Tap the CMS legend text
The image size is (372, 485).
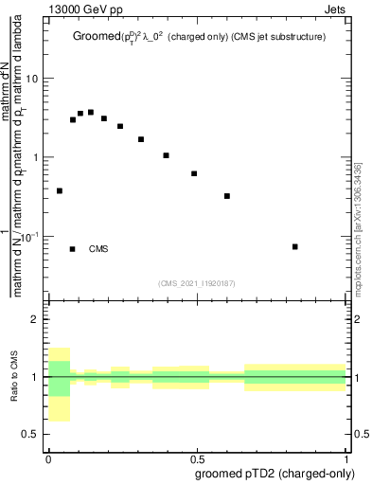pos(98,249)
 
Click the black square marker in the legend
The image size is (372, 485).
pos(73,249)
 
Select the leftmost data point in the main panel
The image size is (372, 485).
pos(60,190)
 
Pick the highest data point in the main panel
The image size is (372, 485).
pos(91,112)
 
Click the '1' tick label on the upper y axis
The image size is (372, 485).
pos(38,157)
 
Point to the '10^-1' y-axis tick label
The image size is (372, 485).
pos(32,236)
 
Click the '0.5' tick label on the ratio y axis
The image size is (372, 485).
pos(33,434)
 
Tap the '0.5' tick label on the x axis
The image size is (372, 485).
pos(198,457)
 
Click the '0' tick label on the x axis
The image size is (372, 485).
pos(48,457)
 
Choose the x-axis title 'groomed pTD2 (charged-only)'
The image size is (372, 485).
pos(275,473)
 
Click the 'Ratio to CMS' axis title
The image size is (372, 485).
pos(13,377)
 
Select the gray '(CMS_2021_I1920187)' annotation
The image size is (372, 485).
pos(197,282)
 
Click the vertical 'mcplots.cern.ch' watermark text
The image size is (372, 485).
pos(357,228)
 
